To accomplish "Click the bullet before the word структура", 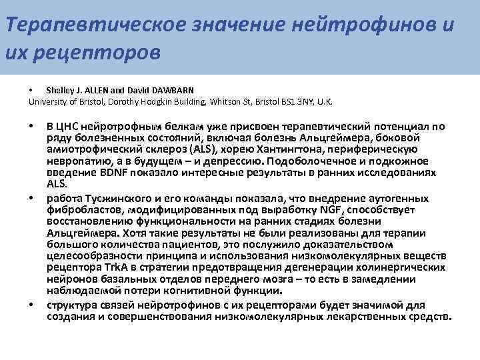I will point(31,305).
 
